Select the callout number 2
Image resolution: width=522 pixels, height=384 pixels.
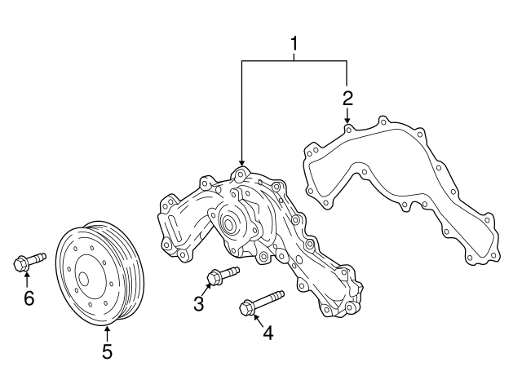point(347,99)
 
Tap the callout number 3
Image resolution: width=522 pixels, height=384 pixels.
point(198,304)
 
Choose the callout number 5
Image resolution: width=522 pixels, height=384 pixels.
point(107,352)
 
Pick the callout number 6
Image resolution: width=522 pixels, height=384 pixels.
point(29,298)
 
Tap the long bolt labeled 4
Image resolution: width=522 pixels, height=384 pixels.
point(260,302)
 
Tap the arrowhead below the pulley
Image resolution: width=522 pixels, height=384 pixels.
point(107,329)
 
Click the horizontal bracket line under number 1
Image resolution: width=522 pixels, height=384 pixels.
point(294,61)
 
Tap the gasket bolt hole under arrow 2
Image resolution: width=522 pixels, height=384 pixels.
point(348,129)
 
